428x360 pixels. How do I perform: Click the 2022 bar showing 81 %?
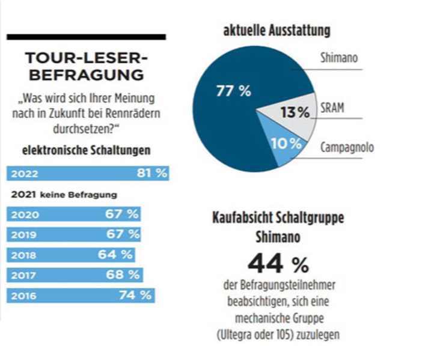tap(88, 174)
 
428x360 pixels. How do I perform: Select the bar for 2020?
tap(74, 214)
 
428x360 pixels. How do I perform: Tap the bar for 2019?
tap(74, 234)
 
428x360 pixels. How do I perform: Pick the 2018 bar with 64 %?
tap(71, 254)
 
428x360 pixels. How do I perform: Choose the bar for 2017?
tap(75, 275)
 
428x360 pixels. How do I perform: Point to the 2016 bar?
tap(81, 295)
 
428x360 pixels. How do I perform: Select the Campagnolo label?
tap(347, 147)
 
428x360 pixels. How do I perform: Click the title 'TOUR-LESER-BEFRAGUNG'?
tap(86, 67)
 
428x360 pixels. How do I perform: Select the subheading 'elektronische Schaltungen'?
tap(86, 150)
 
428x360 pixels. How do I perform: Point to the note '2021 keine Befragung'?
tap(63, 194)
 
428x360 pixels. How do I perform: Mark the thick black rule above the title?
tap(86, 37)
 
